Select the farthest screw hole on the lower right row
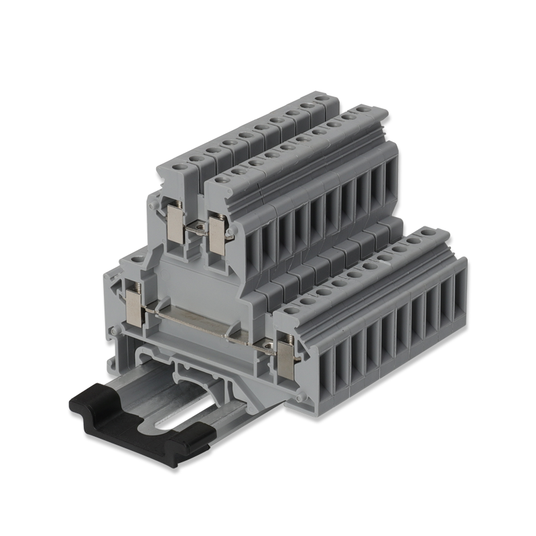(x=442, y=232)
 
